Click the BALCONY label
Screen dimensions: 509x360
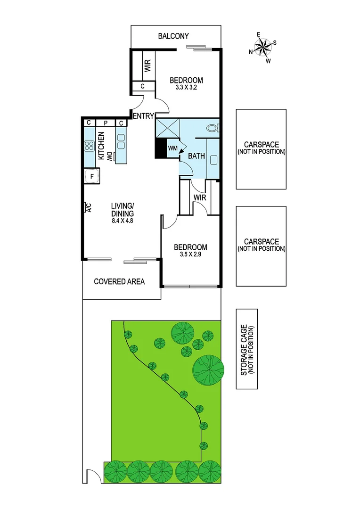[173, 36]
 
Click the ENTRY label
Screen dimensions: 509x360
[143, 116]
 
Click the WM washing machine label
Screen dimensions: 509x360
[172, 148]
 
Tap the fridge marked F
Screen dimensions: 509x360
[91, 176]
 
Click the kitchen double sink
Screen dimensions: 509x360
[121, 141]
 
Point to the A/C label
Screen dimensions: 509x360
[88, 207]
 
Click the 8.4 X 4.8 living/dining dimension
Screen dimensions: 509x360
[123, 220]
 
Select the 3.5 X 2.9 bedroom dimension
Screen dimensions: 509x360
[190, 255]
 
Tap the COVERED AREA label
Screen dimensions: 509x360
[119, 281]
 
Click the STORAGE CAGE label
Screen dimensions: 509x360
[247, 349]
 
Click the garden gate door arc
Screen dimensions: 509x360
[93, 477]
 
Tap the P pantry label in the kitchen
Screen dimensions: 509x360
[106, 123]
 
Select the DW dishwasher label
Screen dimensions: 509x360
[109, 156]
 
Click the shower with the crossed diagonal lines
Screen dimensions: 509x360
[168, 128]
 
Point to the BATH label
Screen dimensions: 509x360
[196, 156]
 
